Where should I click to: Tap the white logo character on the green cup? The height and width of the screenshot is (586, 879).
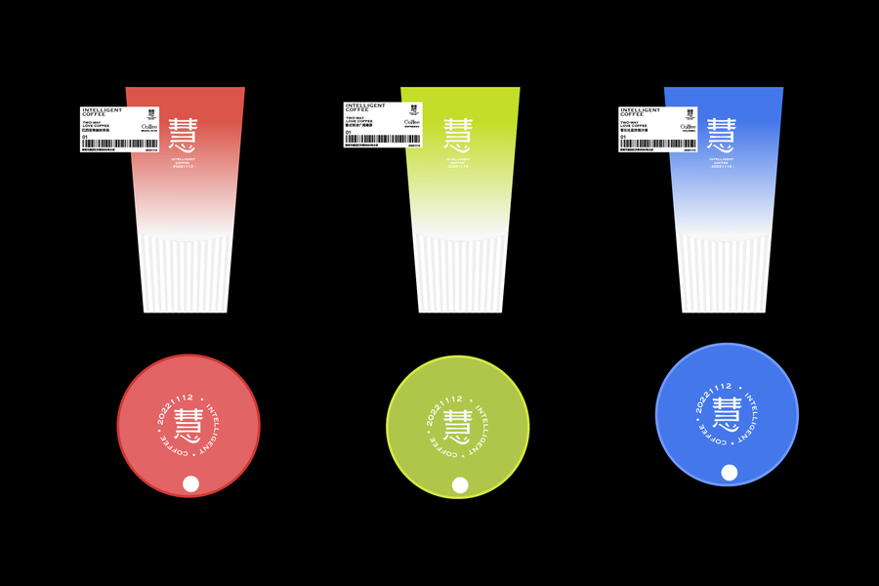[458, 135]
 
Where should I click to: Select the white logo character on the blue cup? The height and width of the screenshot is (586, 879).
[722, 135]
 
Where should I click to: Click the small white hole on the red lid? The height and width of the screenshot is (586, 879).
[191, 483]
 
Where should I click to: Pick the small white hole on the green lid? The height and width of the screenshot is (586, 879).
[460, 484]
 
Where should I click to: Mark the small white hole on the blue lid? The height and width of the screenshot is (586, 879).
[729, 473]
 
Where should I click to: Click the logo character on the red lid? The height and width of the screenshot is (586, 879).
[188, 423]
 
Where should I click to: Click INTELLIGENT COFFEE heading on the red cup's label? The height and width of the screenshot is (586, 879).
[104, 112]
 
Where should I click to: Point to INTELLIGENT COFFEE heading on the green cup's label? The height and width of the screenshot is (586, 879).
[366, 107]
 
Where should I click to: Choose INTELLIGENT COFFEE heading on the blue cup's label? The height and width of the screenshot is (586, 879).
[641, 112]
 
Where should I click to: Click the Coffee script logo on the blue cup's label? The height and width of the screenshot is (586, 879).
[688, 126]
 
